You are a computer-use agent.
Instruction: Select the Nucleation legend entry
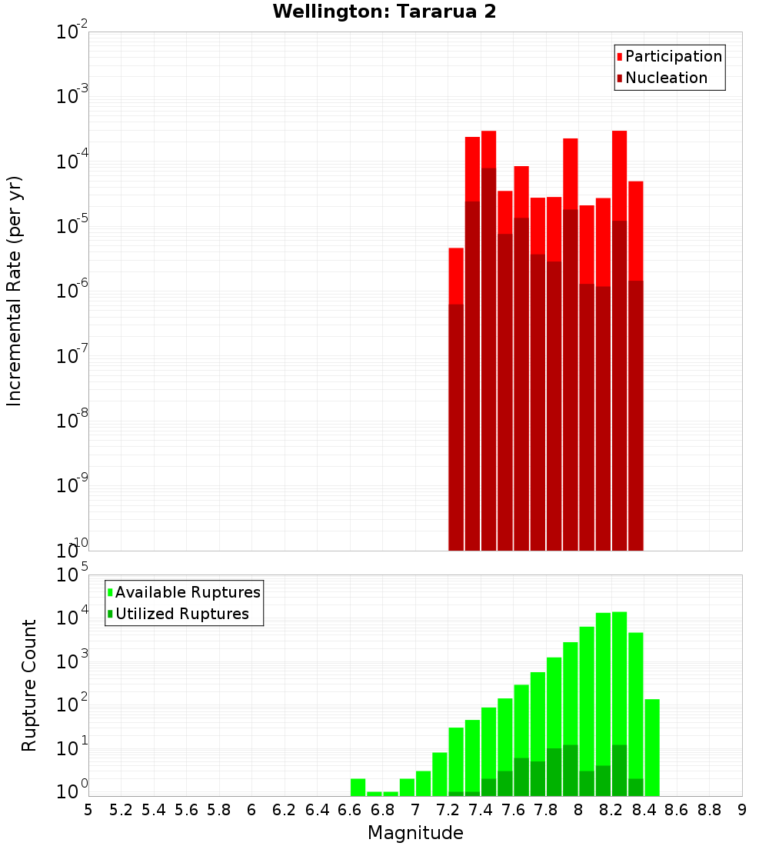coord(666,78)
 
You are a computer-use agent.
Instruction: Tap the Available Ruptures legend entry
coord(188,592)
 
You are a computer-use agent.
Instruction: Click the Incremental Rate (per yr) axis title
coord(15,291)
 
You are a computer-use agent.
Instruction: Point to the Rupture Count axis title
coord(29,685)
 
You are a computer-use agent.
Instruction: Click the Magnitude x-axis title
coord(415,833)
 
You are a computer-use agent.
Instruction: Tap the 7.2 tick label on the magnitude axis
coord(448,810)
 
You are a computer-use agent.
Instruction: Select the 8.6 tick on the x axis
coord(677,810)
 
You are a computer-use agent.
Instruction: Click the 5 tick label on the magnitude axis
coord(88,810)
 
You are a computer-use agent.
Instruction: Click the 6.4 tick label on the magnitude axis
coord(317,810)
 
